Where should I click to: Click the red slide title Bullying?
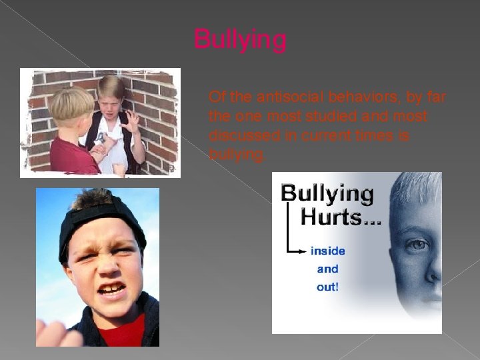coord(240,39)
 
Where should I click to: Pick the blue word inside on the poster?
coord(327,251)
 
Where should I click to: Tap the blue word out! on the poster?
coord(327,287)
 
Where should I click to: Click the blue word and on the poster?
coord(327,269)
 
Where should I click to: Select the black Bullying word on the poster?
coord(327,193)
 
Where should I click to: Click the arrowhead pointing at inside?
coord(304,251)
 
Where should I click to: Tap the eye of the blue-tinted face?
coord(419,245)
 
